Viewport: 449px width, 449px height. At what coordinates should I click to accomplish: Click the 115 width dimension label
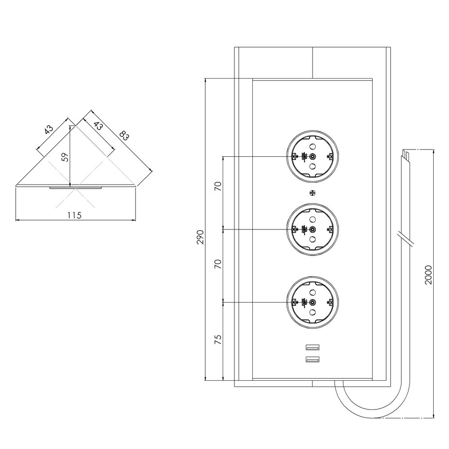click(75, 215)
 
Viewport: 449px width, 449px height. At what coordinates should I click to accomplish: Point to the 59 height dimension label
click(66, 157)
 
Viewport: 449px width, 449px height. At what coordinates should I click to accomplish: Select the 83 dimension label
click(124, 136)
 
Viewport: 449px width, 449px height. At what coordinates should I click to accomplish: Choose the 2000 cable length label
click(428, 275)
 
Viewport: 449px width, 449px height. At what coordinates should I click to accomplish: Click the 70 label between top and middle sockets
click(218, 186)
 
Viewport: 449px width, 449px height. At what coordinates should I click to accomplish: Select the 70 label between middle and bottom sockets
click(218, 264)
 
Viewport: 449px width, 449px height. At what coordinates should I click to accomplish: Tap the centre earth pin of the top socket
click(313, 156)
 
